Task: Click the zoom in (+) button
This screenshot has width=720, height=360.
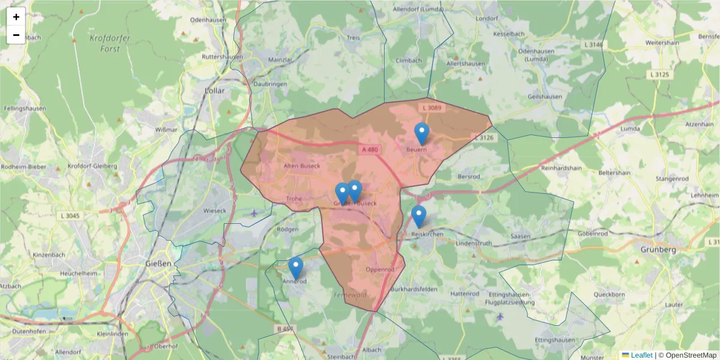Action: coord(16,17)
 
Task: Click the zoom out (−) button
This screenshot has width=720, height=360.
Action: coord(16,35)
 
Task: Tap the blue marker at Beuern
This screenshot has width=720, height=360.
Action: coord(422,134)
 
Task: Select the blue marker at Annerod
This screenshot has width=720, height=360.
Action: coord(295,268)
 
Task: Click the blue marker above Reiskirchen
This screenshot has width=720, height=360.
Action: coord(419,217)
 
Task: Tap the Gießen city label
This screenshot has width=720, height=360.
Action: coord(158,263)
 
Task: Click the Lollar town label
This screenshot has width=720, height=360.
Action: coord(214,91)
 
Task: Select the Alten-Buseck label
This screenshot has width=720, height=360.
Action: coord(301,166)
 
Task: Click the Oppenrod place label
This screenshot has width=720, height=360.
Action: coord(380,269)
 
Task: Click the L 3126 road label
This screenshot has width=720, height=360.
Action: coord(484,138)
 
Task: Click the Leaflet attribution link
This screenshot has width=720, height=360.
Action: coord(641,355)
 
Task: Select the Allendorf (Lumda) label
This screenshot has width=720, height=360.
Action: coord(418,10)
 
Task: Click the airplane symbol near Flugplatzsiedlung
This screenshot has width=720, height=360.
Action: coord(500,316)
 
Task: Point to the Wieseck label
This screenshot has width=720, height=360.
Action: coord(215,211)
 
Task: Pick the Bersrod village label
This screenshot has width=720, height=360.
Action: coord(469,178)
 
